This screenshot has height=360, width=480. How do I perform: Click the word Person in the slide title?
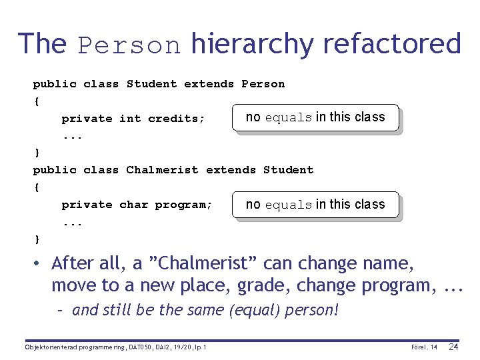pyautogui.click(x=129, y=45)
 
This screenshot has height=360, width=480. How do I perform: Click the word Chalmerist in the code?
pyautogui.click(x=162, y=170)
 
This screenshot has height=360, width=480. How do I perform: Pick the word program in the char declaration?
pyautogui.click(x=183, y=205)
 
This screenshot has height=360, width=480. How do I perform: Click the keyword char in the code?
pyautogui.click(x=133, y=205)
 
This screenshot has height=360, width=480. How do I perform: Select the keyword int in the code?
pyautogui.click(x=130, y=119)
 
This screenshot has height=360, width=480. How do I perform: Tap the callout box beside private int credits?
pyautogui.click(x=315, y=117)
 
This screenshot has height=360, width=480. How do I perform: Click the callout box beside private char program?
pyautogui.click(x=315, y=205)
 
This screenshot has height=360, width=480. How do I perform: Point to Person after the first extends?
pyautogui.click(x=263, y=84)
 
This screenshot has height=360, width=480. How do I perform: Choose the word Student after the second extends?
pyautogui.click(x=288, y=170)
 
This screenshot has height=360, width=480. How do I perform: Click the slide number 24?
pyautogui.click(x=453, y=347)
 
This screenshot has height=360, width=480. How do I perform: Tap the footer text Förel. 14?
pyautogui.click(x=425, y=347)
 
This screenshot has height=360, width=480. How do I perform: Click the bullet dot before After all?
pyautogui.click(x=39, y=264)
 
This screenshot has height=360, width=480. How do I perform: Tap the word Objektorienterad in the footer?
pyautogui.click(x=47, y=347)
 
